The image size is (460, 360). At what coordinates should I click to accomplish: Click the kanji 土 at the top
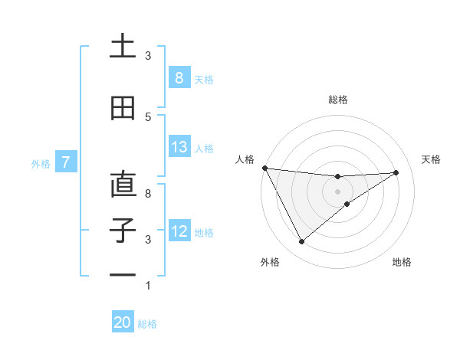123,46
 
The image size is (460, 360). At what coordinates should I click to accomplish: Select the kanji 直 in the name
123,185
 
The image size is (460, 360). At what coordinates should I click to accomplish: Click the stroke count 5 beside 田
148,117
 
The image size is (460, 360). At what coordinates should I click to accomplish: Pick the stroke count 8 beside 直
148,194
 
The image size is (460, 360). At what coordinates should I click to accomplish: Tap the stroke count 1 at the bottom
148,286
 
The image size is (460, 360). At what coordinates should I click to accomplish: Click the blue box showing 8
179,77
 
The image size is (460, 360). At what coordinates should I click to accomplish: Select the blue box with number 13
179,147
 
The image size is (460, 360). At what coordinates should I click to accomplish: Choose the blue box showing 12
179,231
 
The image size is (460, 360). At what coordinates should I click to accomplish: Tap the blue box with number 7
67,162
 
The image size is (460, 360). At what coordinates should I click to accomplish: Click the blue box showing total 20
123,322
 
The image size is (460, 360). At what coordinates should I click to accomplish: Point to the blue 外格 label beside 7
41,163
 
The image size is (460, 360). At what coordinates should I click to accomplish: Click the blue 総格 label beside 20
147,324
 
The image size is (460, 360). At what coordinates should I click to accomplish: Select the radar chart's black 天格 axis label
432,159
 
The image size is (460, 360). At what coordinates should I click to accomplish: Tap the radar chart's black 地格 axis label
402,262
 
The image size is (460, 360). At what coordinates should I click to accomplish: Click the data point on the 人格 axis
264,168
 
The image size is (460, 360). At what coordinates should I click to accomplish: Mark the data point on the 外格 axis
301,242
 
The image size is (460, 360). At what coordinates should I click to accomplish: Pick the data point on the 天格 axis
396,172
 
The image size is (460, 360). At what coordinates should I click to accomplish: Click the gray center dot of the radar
337,191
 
